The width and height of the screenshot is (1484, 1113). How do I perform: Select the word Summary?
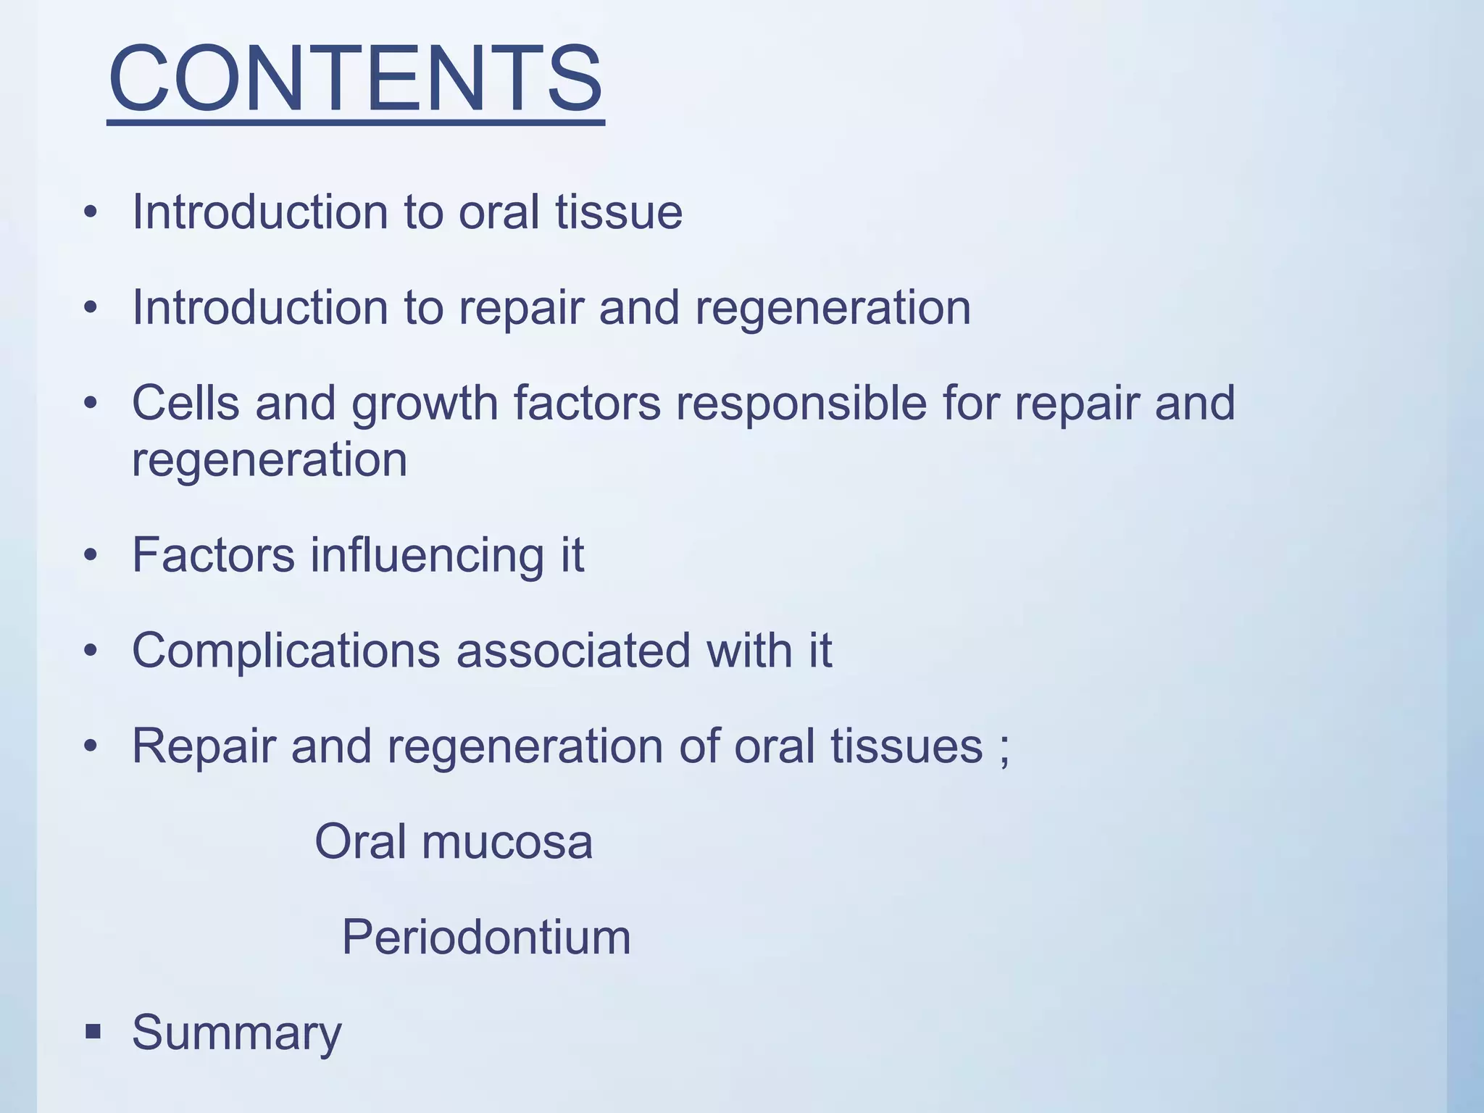pos(236,1032)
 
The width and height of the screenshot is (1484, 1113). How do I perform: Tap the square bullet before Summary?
pos(92,1031)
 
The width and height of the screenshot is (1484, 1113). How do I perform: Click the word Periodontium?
pos(486,937)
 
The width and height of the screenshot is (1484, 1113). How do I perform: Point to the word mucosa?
pos(507,842)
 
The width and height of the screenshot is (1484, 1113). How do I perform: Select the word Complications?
pos(285,650)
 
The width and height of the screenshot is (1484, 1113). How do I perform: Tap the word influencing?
pos(427,555)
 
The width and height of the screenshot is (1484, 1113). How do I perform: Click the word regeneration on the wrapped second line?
pos(269,461)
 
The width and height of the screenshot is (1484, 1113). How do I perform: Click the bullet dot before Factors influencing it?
pos(90,556)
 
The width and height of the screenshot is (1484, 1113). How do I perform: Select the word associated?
pos(572,650)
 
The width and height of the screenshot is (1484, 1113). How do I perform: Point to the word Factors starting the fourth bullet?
pos(213,555)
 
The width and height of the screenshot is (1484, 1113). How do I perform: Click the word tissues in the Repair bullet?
pos(906,746)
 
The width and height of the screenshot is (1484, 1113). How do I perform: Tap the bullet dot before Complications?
pos(90,651)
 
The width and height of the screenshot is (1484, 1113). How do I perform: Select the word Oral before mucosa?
pos(359,842)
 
